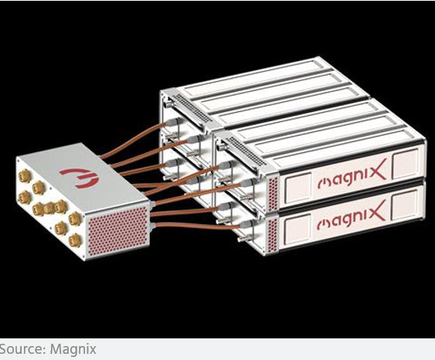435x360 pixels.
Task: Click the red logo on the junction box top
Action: tap(80, 178)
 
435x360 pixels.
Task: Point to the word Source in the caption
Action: tap(21, 348)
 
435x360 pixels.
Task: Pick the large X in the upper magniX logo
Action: tap(376, 169)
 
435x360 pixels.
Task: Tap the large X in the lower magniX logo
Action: tap(376, 211)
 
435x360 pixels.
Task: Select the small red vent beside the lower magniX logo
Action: tap(273, 235)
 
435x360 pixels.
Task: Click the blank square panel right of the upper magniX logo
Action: tap(406, 164)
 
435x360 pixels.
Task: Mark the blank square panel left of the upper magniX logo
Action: tap(297, 188)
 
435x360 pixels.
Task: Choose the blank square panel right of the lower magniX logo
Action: tap(405, 205)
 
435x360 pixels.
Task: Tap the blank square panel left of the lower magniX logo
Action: tap(297, 229)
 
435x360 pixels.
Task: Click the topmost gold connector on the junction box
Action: tap(25, 175)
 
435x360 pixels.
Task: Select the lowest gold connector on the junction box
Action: tap(75, 240)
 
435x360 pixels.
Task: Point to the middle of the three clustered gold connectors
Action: tap(49, 208)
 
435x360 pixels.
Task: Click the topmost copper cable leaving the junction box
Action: tap(131, 141)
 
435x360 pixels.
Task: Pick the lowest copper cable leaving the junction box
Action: tap(198, 226)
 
